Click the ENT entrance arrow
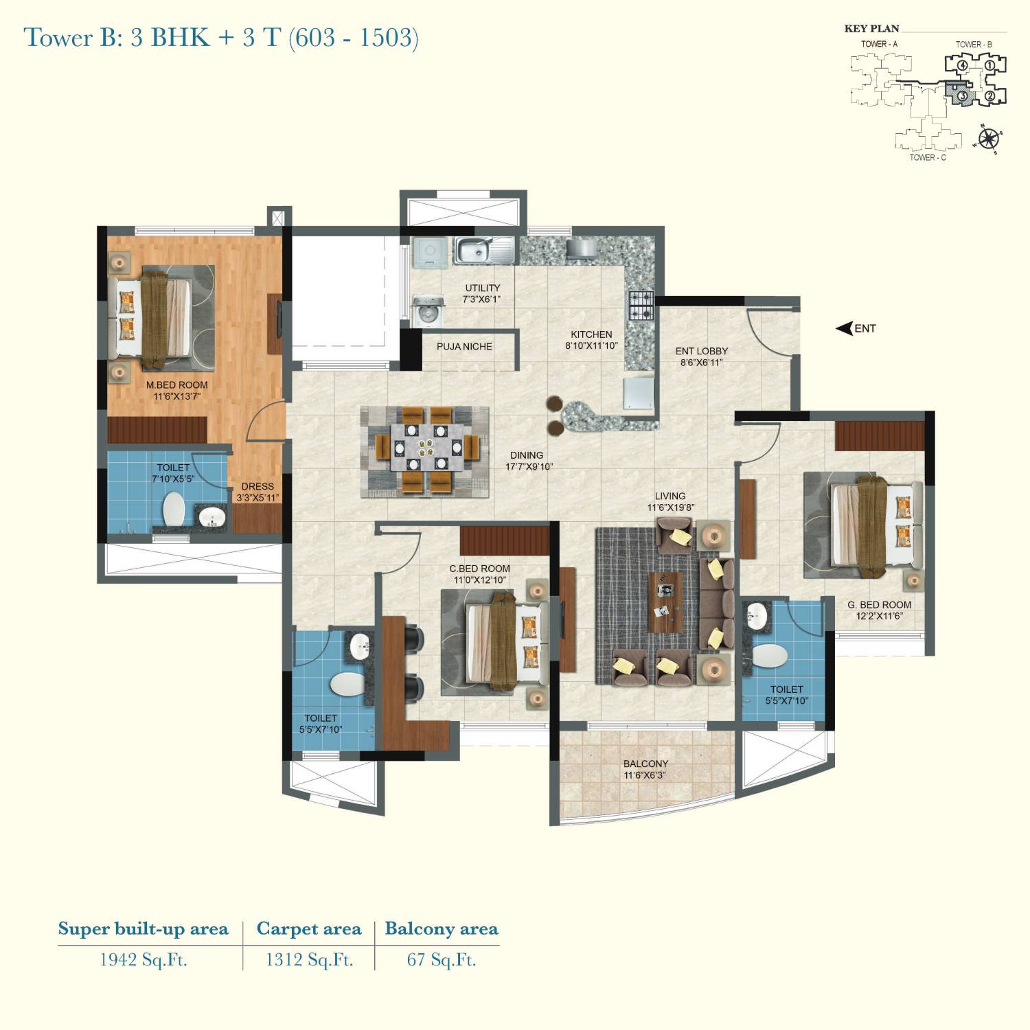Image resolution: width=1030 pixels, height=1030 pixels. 844,329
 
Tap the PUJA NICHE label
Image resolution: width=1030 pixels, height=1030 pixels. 464,347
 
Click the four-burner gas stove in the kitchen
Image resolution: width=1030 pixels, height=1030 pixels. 641,305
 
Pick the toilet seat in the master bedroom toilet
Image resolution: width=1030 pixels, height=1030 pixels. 173,510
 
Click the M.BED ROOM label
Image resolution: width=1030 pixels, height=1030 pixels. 176,385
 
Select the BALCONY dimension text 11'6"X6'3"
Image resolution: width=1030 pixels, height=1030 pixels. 645,776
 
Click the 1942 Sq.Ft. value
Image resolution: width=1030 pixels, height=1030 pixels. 144,960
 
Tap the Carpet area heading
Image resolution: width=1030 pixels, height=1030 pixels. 309,929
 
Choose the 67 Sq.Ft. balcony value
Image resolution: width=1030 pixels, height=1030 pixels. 442,960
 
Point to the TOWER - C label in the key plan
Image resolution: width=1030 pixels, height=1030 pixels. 928,157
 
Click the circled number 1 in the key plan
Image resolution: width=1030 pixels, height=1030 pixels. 989,65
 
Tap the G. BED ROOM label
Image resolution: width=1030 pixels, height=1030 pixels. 880,605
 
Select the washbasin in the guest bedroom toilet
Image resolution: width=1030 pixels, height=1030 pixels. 756,616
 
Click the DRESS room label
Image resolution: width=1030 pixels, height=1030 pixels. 257,487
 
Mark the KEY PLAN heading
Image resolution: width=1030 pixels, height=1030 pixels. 871,29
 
